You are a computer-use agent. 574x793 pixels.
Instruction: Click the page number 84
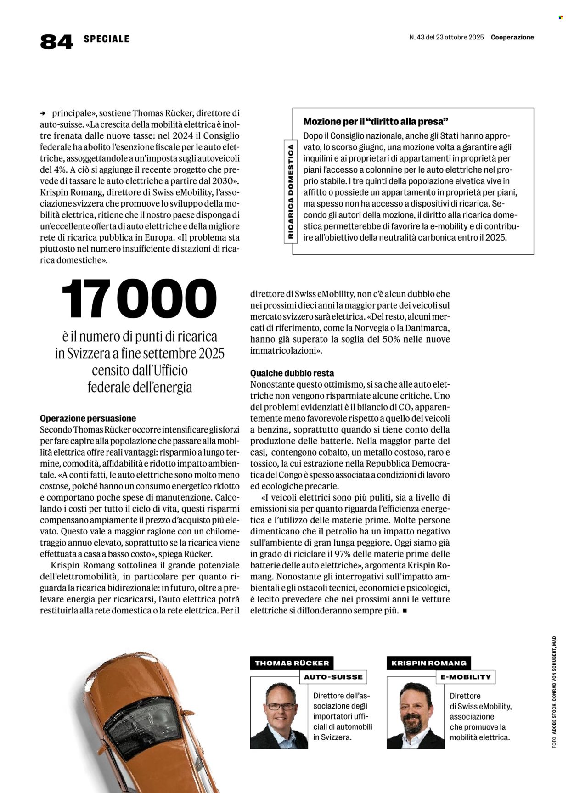click(x=56, y=41)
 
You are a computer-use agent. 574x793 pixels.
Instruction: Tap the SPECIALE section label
click(x=106, y=39)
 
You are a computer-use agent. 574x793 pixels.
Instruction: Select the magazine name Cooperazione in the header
click(x=512, y=38)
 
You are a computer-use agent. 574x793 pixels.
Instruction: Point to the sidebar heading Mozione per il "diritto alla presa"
click(x=375, y=122)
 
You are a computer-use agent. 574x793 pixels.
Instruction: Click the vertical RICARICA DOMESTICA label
click(x=290, y=192)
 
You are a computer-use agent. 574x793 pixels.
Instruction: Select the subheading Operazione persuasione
click(x=88, y=418)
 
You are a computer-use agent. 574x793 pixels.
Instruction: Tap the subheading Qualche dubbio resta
click(x=292, y=373)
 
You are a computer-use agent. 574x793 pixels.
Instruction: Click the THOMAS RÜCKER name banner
click(x=292, y=663)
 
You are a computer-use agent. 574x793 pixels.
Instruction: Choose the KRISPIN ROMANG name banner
click(x=428, y=663)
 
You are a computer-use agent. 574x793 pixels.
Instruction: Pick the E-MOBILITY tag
click(x=466, y=677)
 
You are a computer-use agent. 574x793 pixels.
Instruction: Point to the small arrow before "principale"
click(x=43, y=113)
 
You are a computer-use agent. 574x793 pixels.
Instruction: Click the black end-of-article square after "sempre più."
click(x=405, y=611)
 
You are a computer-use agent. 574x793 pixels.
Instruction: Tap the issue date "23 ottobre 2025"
click(x=459, y=38)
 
